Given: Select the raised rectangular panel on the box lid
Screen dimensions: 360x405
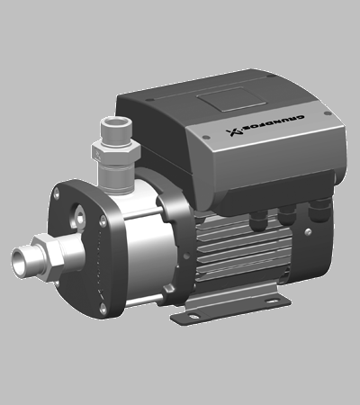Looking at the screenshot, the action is (231, 99).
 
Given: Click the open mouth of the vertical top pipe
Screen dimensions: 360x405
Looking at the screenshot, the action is (116, 122).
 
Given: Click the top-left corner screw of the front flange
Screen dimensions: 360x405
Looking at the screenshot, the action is (56, 194).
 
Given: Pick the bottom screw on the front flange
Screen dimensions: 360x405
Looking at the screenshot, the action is (103, 308).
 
